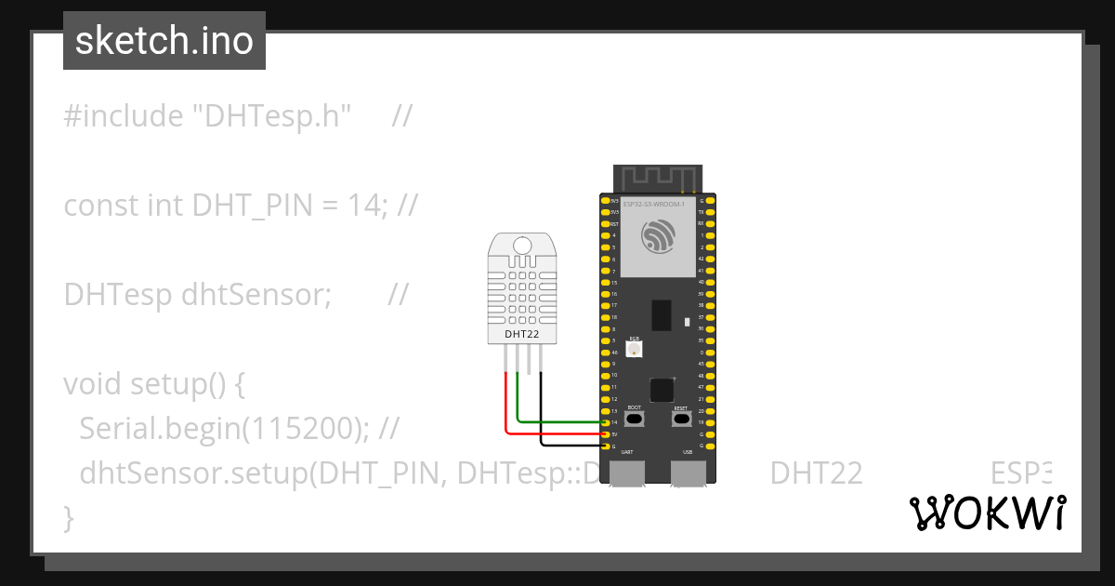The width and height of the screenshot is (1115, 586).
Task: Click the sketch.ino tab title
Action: tap(164, 41)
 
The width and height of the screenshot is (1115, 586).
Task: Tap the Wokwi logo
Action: tap(987, 513)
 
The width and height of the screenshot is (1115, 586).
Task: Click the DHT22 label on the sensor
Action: tap(520, 333)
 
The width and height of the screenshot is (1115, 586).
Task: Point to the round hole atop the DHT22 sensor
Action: tap(521, 246)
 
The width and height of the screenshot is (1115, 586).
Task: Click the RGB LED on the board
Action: tap(635, 350)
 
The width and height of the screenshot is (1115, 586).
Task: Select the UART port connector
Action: tap(628, 472)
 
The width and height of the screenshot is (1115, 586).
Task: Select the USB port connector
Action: tap(689, 472)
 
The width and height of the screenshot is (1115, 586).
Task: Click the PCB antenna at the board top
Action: tap(659, 177)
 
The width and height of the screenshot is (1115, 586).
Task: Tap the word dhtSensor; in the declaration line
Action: tap(256, 294)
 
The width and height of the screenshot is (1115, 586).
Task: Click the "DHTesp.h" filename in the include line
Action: tap(270, 116)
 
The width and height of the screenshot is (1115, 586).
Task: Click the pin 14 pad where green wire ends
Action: tap(605, 422)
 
